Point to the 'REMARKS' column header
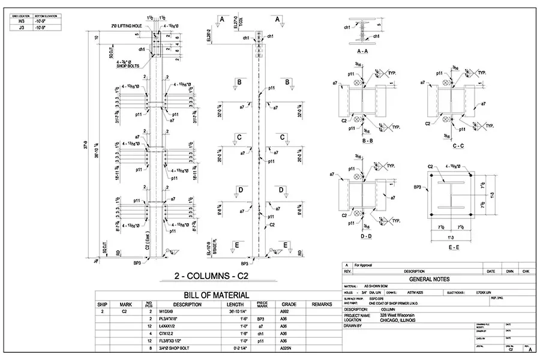tap(322, 304)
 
